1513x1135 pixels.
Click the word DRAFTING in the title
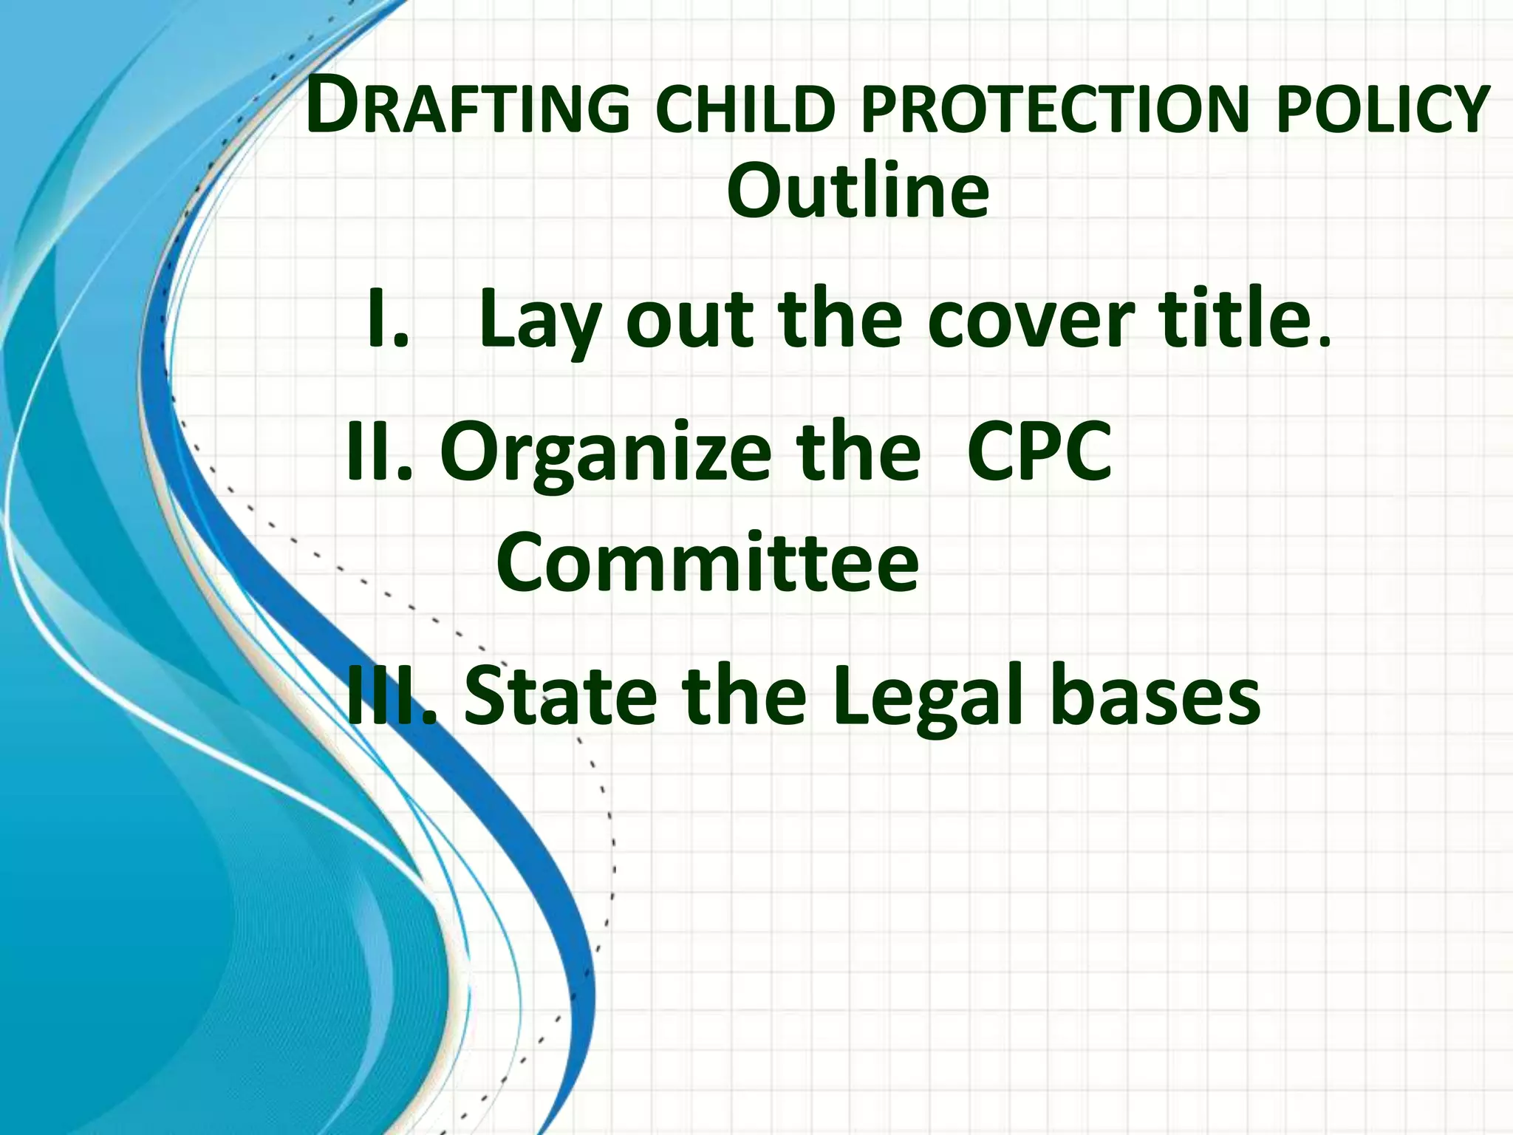(x=468, y=109)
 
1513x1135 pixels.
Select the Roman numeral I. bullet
(x=387, y=319)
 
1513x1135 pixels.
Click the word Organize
(x=605, y=452)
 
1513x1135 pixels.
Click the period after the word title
(x=1325, y=341)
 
